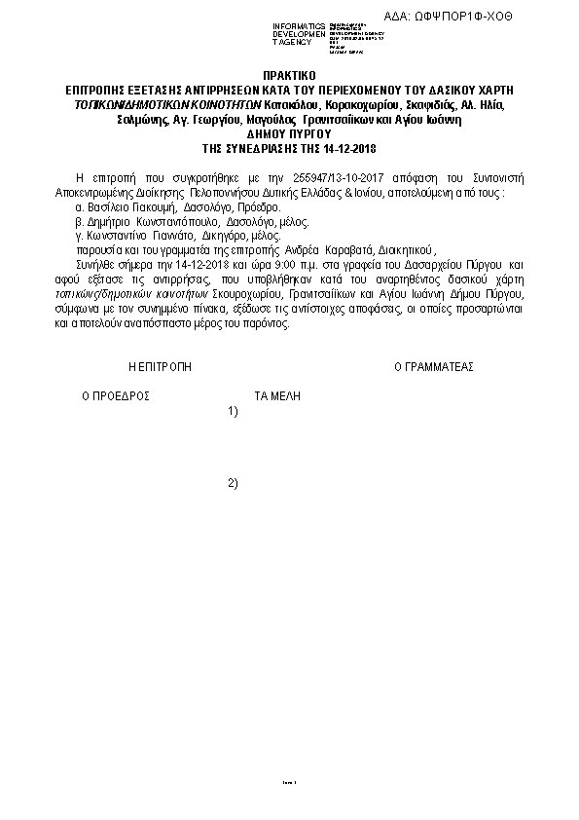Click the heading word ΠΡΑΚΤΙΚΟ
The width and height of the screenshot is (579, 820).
click(289, 74)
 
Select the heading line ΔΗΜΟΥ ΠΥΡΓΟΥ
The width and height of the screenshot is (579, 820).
click(289, 135)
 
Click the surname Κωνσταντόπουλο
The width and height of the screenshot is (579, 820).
click(173, 222)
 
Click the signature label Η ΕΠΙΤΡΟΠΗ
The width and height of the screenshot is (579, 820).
click(161, 367)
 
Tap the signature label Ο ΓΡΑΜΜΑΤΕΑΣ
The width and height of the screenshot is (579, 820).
click(433, 367)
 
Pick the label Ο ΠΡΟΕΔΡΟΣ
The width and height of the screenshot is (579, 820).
click(115, 396)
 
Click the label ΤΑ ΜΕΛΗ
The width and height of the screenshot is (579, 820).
click(277, 396)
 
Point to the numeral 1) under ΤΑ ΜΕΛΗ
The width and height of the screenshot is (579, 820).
click(233, 411)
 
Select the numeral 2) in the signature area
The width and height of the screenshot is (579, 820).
click(233, 483)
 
